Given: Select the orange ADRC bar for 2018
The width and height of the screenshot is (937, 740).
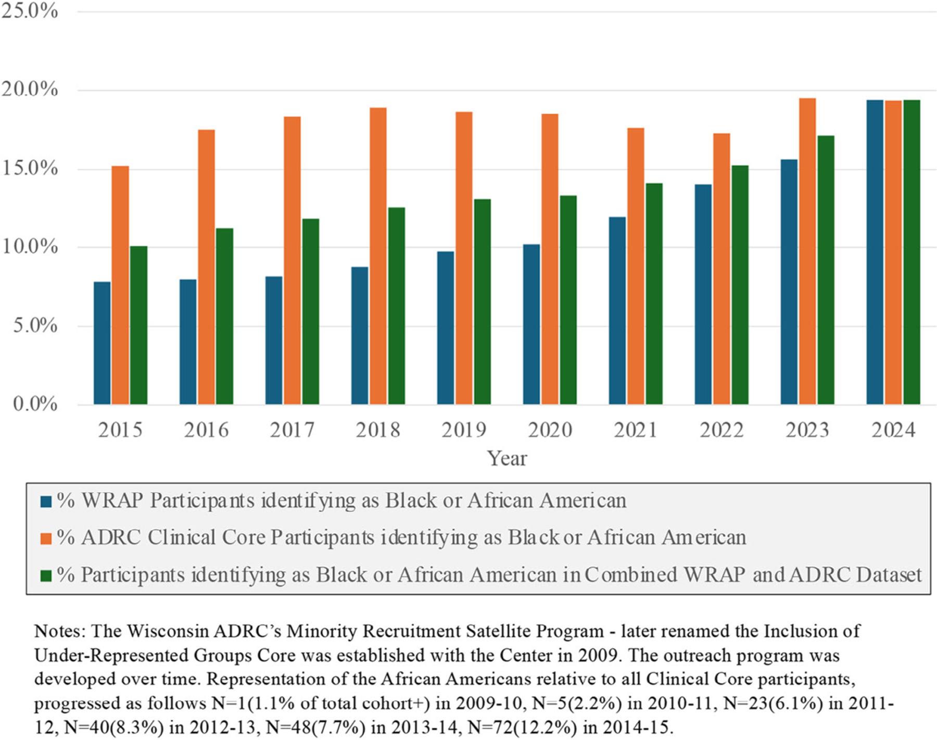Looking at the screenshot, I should point(378,255).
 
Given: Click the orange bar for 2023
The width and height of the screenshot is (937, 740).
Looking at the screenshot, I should point(807,250).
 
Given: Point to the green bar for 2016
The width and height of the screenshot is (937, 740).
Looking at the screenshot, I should point(224,316).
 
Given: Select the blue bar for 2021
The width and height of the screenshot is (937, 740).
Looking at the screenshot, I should point(617,310).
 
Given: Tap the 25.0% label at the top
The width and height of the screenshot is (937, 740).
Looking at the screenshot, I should point(30,10).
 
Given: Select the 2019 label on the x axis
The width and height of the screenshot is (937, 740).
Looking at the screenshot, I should point(463,430).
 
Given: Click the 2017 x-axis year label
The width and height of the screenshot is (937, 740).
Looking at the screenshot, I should point(292,430).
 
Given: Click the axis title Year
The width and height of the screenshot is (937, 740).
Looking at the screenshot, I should point(507,458).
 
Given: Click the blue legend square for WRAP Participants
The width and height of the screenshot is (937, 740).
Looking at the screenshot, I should point(46,501).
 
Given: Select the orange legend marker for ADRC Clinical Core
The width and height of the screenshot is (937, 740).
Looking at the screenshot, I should point(46,538).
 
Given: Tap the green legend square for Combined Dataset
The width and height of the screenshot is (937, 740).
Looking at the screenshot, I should point(46,575).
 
